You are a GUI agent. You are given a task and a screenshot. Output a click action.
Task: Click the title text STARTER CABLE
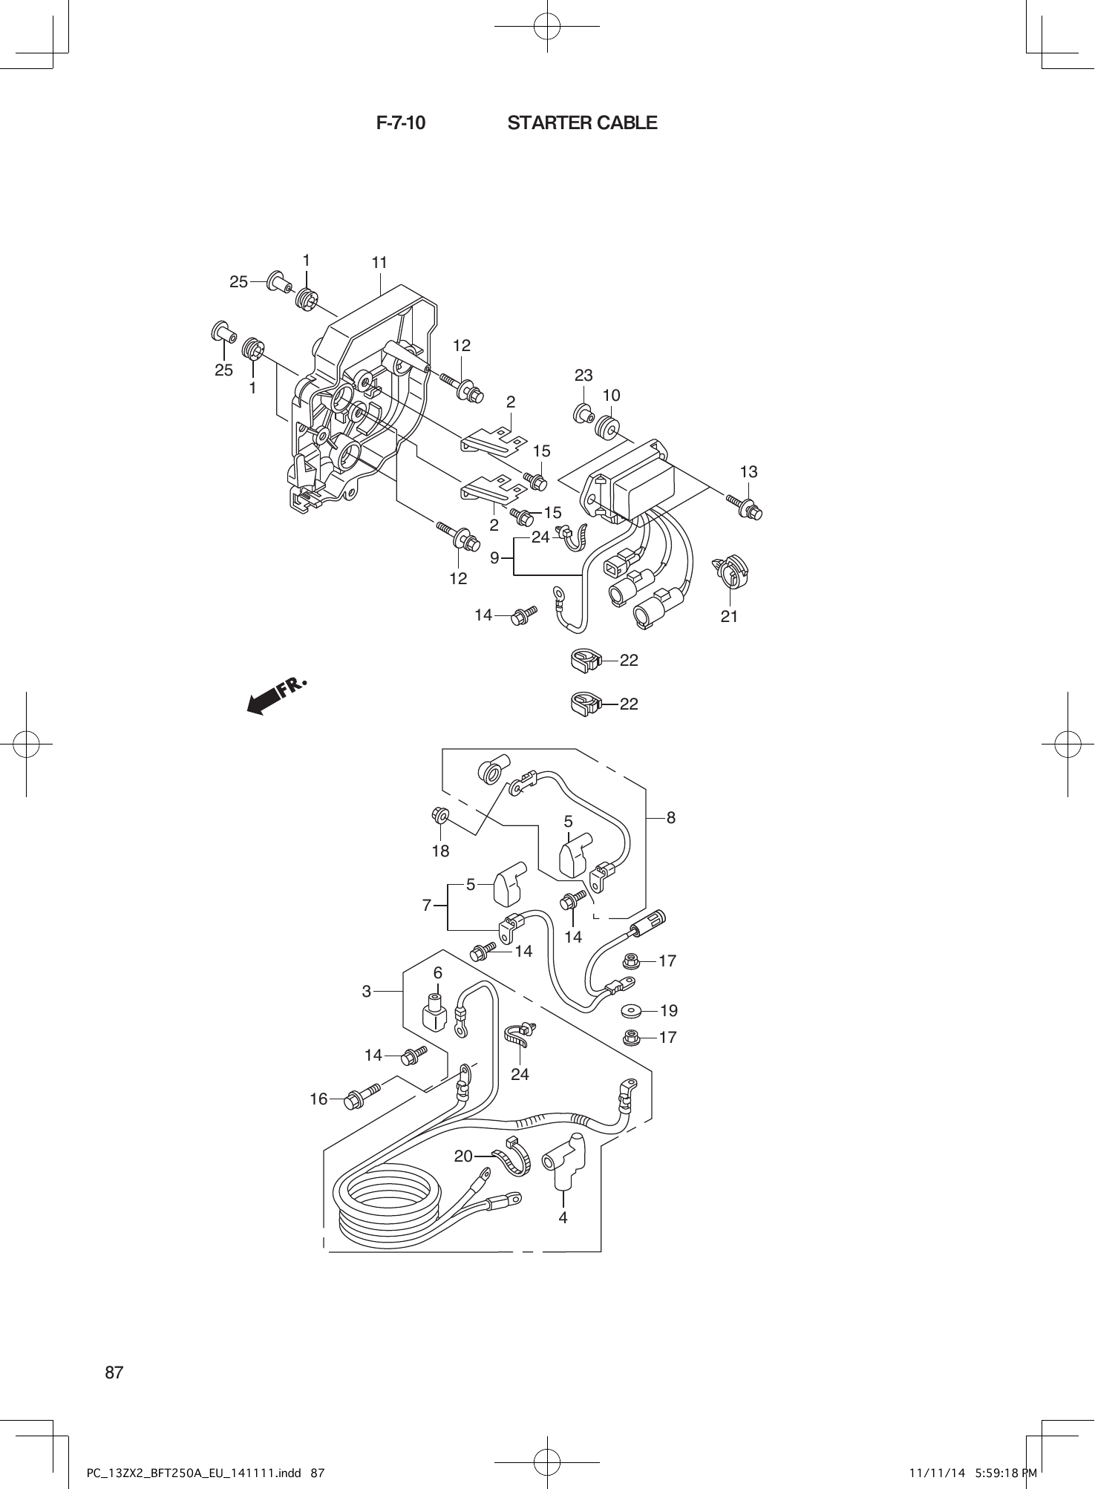point(582,122)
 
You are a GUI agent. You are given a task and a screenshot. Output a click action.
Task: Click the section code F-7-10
point(401,122)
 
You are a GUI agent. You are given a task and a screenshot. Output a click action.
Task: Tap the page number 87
point(114,1372)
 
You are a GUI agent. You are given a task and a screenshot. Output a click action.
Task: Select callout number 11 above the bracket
point(379,263)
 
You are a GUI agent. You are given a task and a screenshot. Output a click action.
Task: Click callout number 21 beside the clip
point(729,616)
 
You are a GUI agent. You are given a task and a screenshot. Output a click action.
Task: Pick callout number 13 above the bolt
point(748,471)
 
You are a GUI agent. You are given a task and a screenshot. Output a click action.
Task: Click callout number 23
point(584,375)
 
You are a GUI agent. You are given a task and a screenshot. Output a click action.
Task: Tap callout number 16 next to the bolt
point(318,1099)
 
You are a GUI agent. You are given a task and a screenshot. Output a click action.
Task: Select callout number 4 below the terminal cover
point(563,1218)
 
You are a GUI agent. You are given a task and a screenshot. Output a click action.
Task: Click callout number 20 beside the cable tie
point(463,1156)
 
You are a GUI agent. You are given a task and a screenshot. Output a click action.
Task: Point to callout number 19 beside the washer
point(668,1010)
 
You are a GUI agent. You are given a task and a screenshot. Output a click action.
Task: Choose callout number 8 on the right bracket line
point(670,817)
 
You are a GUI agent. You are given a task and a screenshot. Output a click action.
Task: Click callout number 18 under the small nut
point(440,851)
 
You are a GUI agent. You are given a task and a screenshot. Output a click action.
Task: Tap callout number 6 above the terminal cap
point(438,972)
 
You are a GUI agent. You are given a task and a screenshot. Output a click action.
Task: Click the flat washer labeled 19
point(631,1011)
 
